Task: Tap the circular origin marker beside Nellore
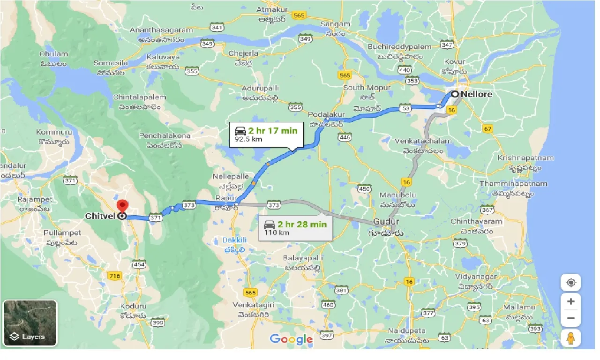455,94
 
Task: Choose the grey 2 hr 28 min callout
295,228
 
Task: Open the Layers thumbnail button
30,322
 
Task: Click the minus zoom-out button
570,319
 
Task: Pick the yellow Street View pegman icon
570,337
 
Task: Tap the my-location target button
570,283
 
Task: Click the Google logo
291,339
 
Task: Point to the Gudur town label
386,222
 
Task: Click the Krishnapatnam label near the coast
525,158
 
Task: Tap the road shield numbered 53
406,109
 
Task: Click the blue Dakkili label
234,240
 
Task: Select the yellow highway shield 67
488,128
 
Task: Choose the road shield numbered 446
345,137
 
